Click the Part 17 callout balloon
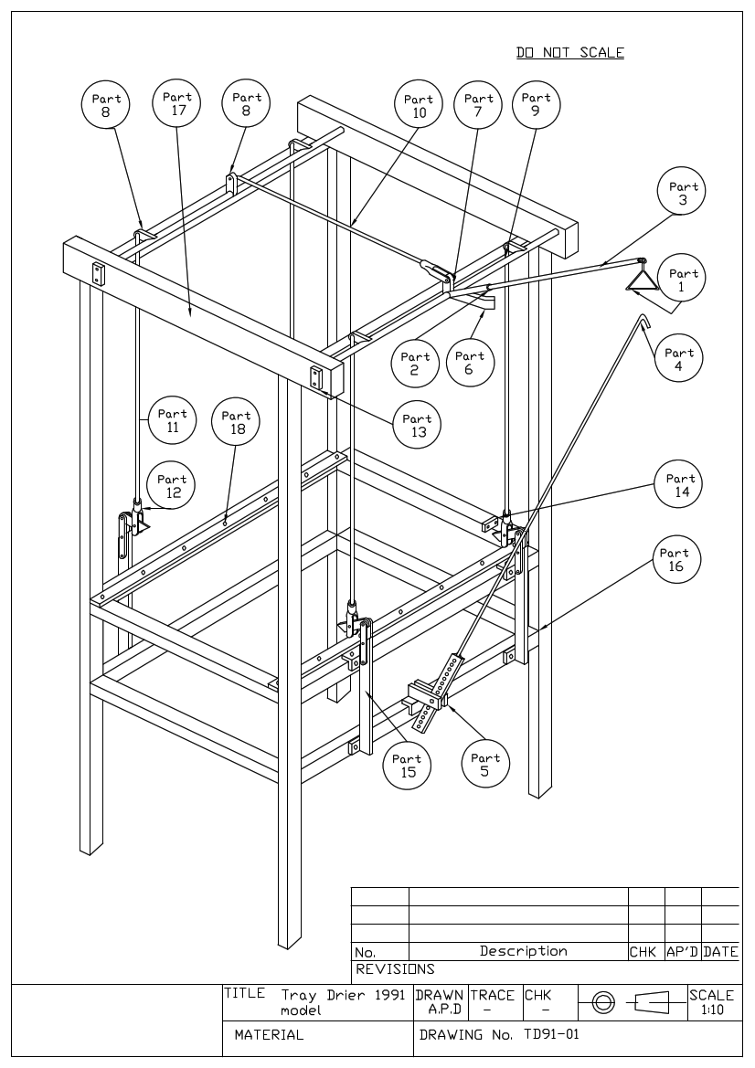coord(177,106)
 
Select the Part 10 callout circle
coord(419,107)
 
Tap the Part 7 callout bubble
coord(479,106)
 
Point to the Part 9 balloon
coord(536,105)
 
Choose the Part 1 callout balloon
coord(683,280)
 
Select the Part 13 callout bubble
coord(418,426)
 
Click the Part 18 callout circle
coord(236,423)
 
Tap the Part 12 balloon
coord(172,486)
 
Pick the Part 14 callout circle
coord(680,486)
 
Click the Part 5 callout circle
coord(485,765)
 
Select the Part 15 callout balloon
coord(407,766)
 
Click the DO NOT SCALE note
coord(570,53)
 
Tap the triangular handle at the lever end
coord(641,277)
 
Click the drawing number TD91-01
coord(551,1035)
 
